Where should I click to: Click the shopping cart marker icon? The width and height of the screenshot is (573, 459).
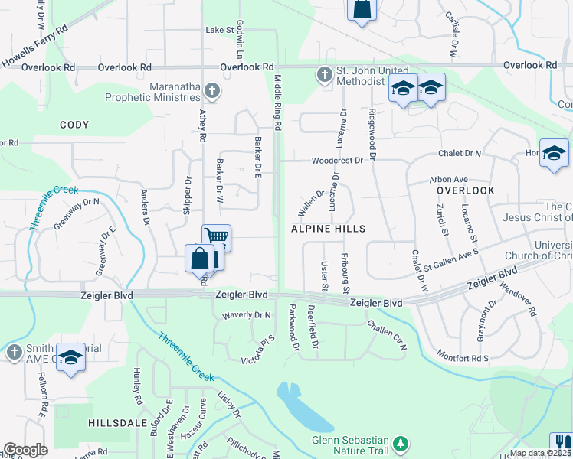[x=217, y=237]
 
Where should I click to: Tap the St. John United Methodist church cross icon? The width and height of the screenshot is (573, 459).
[x=324, y=75]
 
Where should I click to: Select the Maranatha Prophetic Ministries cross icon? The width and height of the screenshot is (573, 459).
[x=213, y=92]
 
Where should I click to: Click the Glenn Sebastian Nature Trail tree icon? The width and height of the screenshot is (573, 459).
[x=399, y=444]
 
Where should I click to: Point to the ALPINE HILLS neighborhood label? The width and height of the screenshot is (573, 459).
[x=329, y=229]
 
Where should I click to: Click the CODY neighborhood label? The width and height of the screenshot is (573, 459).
[x=74, y=125]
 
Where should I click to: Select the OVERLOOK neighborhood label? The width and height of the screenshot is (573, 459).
[x=466, y=190]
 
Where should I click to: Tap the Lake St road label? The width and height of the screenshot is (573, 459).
[x=219, y=30]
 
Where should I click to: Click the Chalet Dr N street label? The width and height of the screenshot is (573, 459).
[x=460, y=154]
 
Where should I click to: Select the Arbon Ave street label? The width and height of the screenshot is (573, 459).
[x=449, y=179]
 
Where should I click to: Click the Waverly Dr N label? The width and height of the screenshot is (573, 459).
[x=247, y=315]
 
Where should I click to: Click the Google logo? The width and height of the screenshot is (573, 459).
[x=25, y=451]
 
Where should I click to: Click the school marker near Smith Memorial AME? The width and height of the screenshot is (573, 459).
[x=71, y=357]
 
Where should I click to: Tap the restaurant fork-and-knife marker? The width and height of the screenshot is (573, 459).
[x=562, y=444]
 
